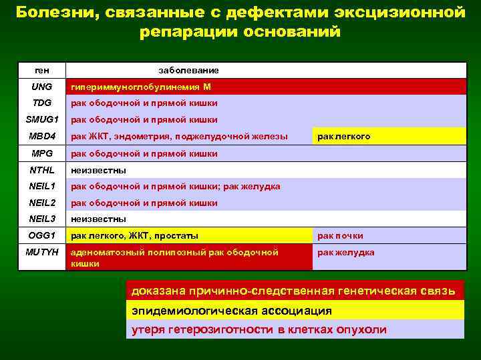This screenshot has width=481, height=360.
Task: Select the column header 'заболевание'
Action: (x=188, y=70)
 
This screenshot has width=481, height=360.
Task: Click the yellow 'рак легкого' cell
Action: (x=344, y=137)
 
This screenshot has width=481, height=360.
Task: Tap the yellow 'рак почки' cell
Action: (x=341, y=235)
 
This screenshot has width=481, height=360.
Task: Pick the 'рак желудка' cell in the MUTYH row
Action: (x=346, y=253)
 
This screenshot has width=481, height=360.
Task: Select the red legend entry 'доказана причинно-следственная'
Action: (x=294, y=291)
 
